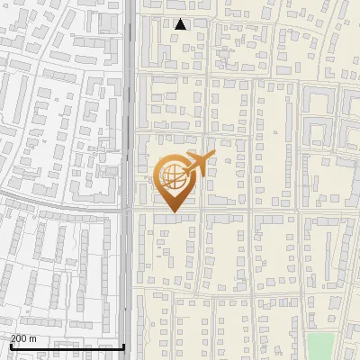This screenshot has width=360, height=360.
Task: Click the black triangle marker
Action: (x=181, y=24)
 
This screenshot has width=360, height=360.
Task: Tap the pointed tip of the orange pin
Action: (x=172, y=211)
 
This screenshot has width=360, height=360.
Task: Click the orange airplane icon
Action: (x=198, y=164)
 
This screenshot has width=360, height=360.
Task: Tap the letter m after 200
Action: (x=33, y=338)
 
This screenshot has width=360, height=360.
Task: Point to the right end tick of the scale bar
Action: (x=124, y=346)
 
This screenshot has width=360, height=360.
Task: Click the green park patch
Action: (x=320, y=346)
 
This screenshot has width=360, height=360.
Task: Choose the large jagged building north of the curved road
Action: (x=90, y=171)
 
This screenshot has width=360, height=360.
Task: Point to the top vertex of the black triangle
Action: (x=181, y=19)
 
